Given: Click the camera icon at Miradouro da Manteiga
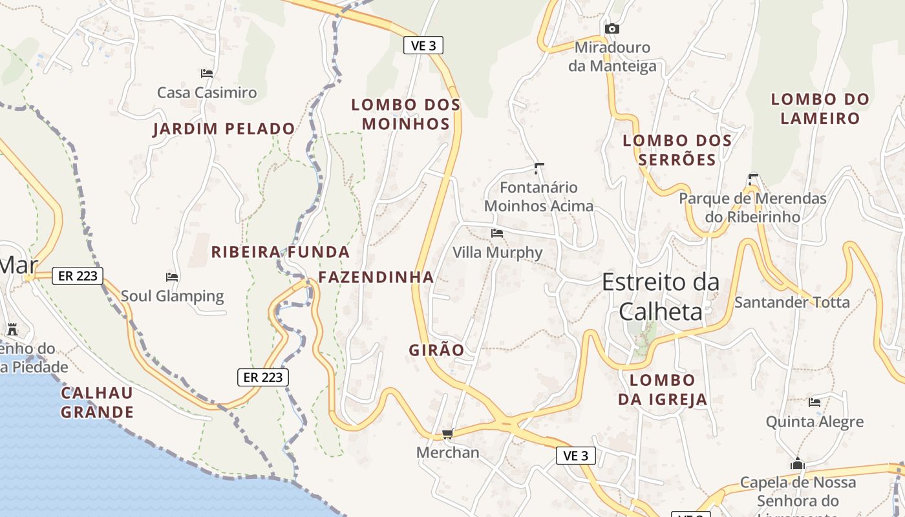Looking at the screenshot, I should [612, 29].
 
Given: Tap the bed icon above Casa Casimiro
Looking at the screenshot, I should [207, 74].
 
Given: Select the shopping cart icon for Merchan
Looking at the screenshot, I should [447, 434].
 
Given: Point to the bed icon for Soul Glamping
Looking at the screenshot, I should [172, 277].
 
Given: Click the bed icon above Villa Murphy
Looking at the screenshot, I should [497, 233].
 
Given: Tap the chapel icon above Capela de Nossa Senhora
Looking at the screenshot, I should [797, 464].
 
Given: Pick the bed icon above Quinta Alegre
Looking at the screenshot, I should [814, 403].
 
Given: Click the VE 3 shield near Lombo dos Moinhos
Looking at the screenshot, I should [423, 45].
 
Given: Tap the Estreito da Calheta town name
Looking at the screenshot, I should [661, 297].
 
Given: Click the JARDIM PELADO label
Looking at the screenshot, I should [224, 129].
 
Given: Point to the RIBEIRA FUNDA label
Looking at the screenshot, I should [281, 252].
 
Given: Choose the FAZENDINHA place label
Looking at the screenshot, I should [376, 278].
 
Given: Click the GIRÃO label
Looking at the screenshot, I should [436, 350].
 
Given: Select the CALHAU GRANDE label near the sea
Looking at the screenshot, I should [97, 403].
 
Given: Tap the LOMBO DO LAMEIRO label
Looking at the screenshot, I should [820, 109].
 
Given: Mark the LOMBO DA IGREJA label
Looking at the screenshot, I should [663, 390].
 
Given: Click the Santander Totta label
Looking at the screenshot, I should [792, 302].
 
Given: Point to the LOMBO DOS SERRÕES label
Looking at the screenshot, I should [677, 150].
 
